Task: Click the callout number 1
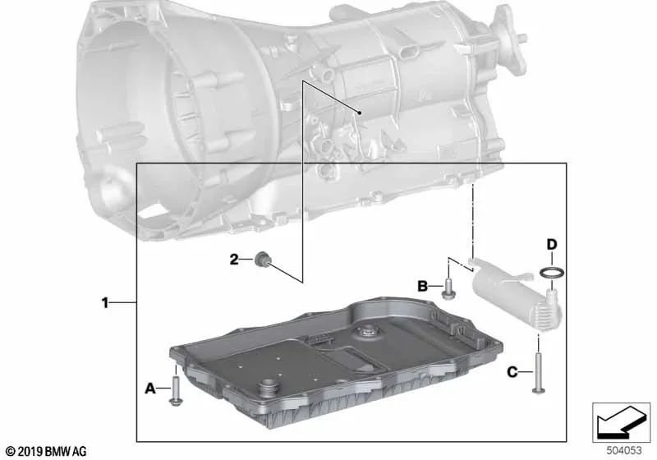click(x=105, y=302)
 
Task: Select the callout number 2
click(x=234, y=260)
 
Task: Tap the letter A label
click(x=150, y=389)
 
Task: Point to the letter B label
click(x=422, y=287)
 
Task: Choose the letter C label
click(x=512, y=372)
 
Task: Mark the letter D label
click(x=552, y=244)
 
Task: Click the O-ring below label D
click(x=552, y=273)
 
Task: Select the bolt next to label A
click(x=176, y=390)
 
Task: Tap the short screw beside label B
click(x=448, y=289)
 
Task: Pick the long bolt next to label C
click(x=538, y=374)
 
